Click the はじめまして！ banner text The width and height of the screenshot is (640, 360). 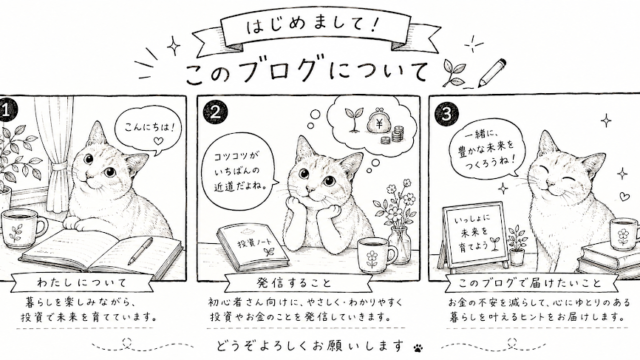313,26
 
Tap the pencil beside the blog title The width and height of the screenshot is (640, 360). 492,73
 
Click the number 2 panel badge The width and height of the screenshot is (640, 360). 215,112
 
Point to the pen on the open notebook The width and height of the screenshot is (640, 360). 140,251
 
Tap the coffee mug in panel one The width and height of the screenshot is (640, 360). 22,229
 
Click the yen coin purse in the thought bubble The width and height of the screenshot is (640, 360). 378,122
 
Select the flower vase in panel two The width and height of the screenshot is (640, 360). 400,245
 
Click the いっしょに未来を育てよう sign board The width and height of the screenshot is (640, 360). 475,236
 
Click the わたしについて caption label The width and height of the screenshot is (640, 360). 82,282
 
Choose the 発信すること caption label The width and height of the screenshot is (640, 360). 294,282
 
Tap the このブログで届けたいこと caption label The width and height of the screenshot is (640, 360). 529,283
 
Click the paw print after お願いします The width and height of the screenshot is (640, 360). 418,348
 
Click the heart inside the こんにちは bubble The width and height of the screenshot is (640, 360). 158,141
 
